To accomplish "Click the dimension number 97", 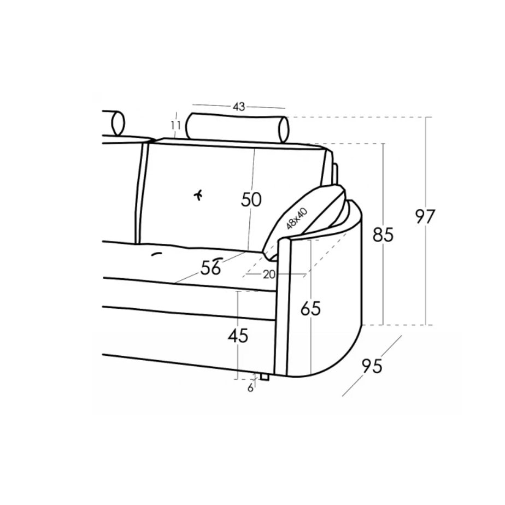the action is point(425,216).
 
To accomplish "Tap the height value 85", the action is point(383,234).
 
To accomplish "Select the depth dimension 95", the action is point(372,366).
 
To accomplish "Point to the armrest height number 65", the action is point(311,308).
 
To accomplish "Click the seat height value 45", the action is point(238,336).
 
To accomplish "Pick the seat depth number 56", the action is point(210,267).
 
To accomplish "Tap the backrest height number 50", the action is point(251,199).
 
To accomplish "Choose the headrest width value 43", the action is point(239,106).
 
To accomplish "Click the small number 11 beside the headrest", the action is point(175,125).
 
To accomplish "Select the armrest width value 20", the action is point(269,274).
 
